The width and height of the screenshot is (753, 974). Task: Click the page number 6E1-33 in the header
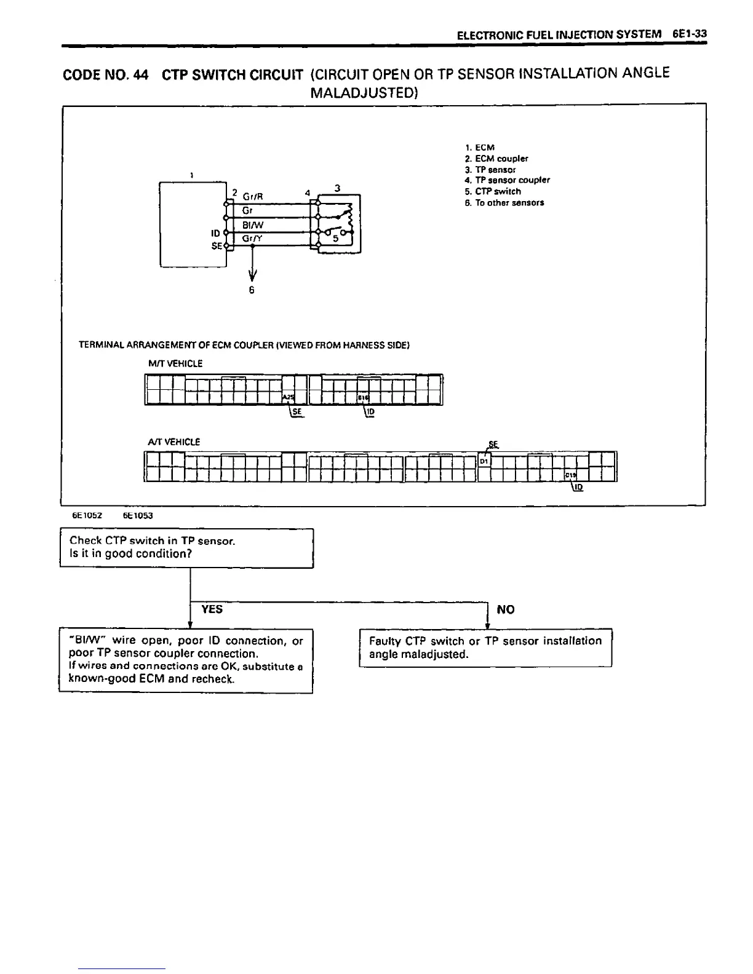(x=689, y=35)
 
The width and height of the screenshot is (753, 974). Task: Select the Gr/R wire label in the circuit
(x=253, y=197)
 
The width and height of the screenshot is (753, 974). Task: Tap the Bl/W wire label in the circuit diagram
(x=253, y=226)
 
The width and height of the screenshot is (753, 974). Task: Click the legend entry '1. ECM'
(x=480, y=148)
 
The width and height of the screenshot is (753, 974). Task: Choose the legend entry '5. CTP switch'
(x=493, y=191)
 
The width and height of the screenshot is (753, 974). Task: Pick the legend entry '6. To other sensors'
(x=504, y=202)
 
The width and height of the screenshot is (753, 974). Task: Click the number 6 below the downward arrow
(x=252, y=290)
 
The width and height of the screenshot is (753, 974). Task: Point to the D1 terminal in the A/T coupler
(x=484, y=461)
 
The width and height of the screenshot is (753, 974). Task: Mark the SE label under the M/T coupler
(x=297, y=413)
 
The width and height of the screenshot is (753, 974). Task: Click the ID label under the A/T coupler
(x=578, y=488)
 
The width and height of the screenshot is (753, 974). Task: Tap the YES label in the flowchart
(x=212, y=609)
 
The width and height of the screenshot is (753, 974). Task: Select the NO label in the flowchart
(x=506, y=609)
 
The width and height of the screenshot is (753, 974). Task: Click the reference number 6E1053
(x=138, y=516)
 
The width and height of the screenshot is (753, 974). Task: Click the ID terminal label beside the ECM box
(x=215, y=234)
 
